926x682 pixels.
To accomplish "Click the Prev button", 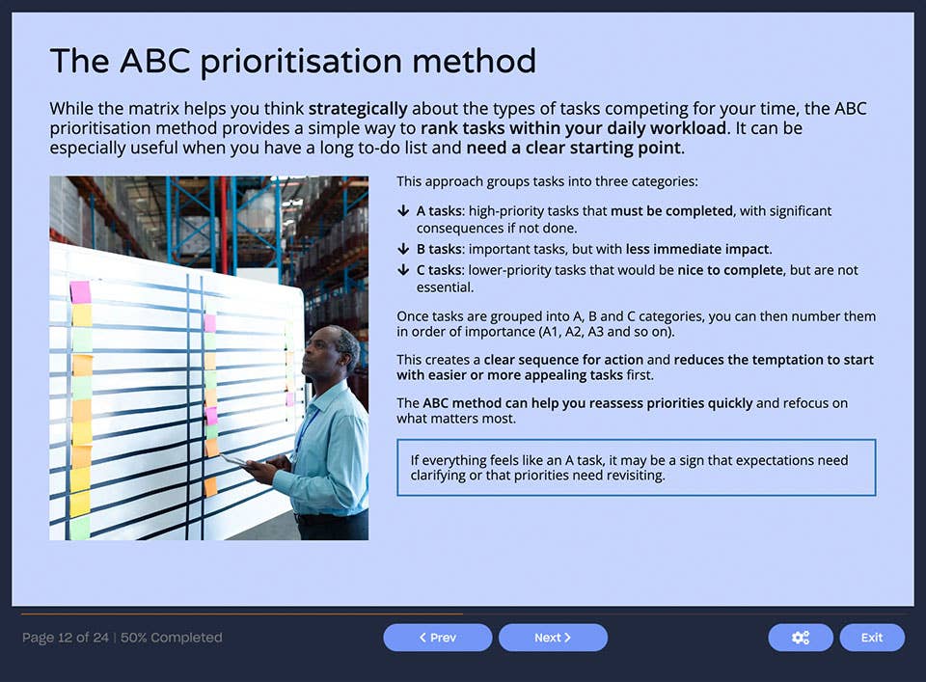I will click(437, 638).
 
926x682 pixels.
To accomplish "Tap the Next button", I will click(553, 638).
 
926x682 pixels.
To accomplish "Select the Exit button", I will click(871, 638).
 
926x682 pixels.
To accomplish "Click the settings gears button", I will click(800, 638).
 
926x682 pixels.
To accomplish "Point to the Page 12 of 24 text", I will click(65, 638).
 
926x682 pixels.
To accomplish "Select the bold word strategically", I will click(357, 109).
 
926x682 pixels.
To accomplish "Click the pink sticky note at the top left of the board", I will click(80, 291).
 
